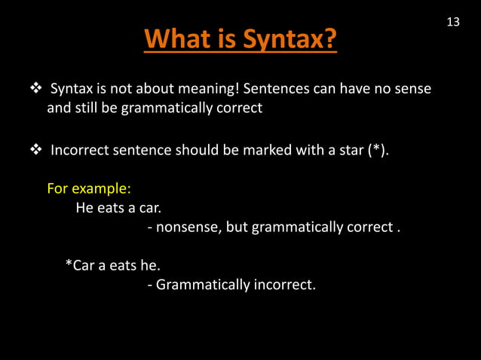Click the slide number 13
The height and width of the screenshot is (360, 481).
tap(453, 22)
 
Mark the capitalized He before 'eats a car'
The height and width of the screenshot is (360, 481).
tap(84, 207)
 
